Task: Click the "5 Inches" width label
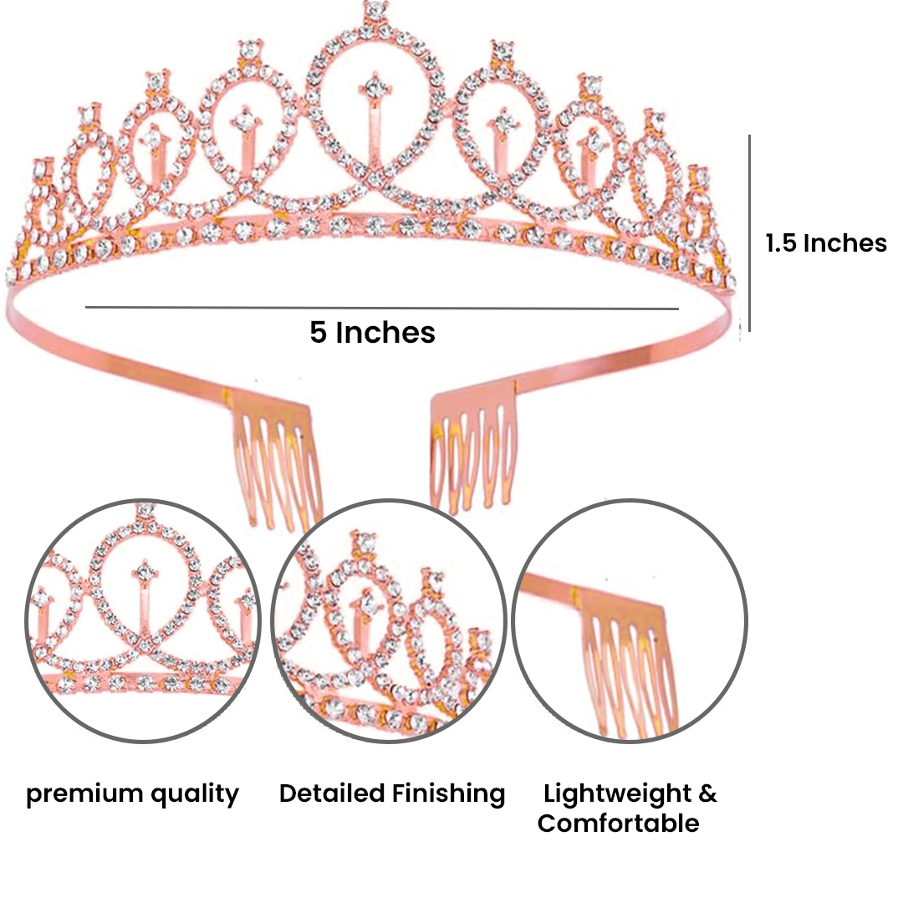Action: click(373, 333)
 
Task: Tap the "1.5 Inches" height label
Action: click(826, 243)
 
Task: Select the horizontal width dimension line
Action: click(381, 308)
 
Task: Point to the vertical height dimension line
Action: click(750, 233)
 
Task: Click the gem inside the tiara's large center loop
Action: click(375, 85)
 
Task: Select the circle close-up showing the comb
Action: click(629, 621)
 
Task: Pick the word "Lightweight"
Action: click(615, 793)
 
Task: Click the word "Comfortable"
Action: click(619, 824)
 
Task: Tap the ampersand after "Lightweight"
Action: click(707, 793)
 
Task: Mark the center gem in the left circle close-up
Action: click(146, 574)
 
